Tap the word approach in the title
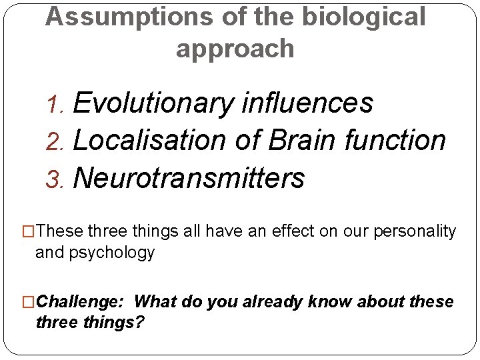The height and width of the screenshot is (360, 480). click(235, 49)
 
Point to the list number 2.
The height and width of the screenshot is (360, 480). click(59, 141)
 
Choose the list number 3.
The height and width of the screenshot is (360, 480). click(59, 179)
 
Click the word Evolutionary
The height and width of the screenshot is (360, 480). click(153, 104)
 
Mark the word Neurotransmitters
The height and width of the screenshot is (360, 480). click(189, 178)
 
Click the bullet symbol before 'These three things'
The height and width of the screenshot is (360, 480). click(29, 232)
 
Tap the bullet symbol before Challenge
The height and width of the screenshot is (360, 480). click(29, 302)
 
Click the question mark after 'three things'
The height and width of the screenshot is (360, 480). click(141, 323)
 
